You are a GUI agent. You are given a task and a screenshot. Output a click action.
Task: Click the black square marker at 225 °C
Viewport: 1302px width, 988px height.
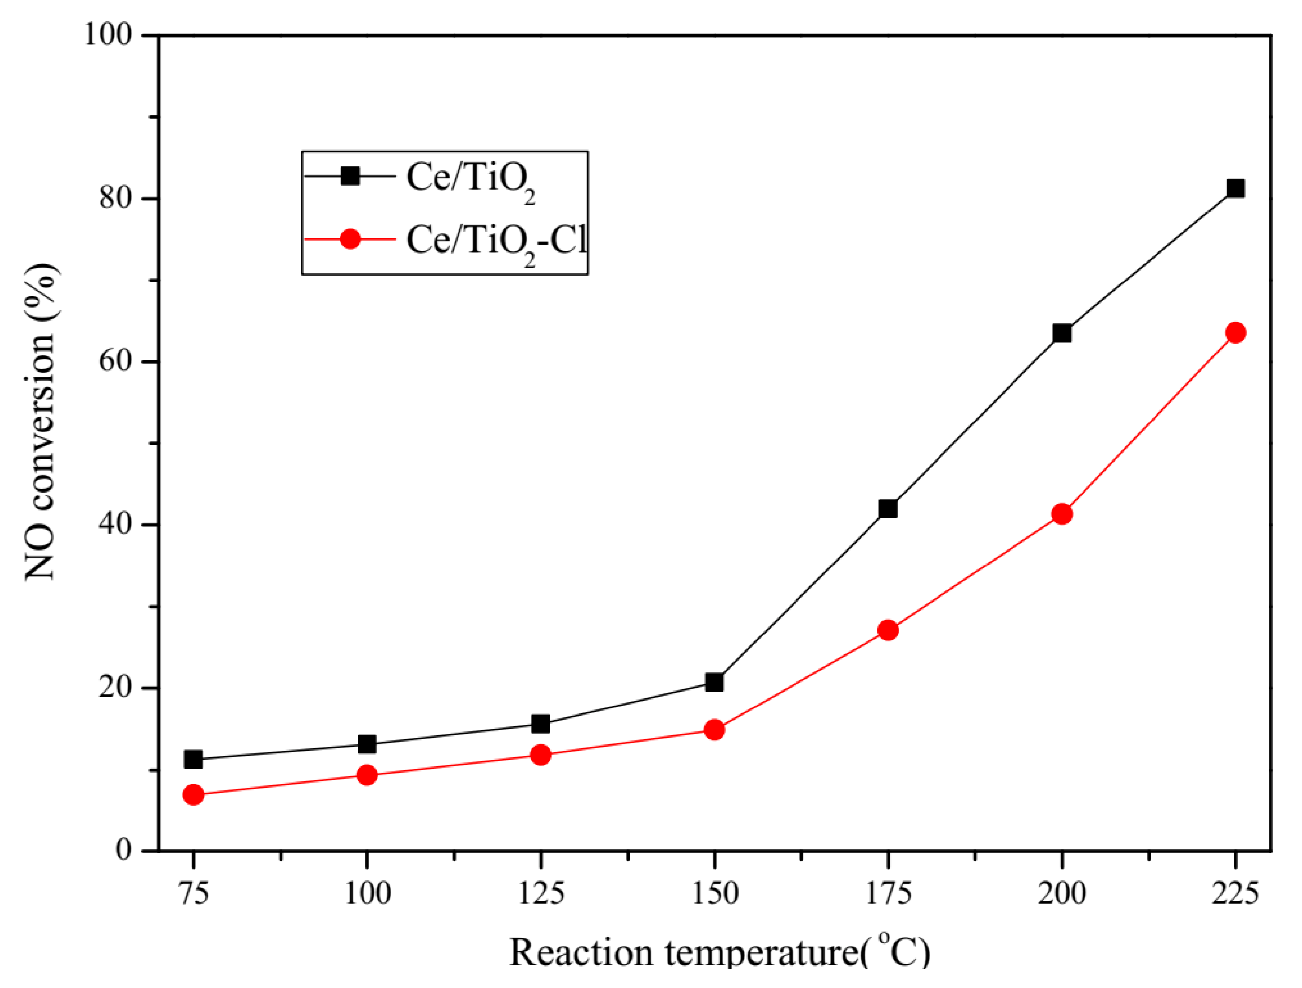click(x=1235, y=188)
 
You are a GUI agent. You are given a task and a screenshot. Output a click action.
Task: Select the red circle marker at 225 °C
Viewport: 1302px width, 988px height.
click(x=1235, y=333)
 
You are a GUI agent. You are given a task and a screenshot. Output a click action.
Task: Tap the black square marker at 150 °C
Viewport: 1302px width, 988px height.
click(x=715, y=682)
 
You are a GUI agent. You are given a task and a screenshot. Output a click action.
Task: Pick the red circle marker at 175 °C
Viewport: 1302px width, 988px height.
click(x=888, y=630)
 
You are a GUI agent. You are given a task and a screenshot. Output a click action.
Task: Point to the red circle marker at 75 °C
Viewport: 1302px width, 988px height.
click(x=193, y=795)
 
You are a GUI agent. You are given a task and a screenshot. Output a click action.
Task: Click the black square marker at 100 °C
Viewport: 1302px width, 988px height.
click(x=366, y=744)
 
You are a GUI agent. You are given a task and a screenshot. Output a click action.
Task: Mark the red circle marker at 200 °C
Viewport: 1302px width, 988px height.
click(x=1062, y=514)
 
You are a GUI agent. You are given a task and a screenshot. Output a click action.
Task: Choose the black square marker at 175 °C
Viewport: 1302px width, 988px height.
click(x=888, y=508)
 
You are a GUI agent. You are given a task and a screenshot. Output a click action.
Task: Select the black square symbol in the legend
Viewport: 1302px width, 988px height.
click(x=350, y=175)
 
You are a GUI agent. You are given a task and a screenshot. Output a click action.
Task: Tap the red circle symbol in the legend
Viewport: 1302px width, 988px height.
click(x=350, y=239)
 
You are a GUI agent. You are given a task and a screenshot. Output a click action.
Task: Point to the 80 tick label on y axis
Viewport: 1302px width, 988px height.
click(x=114, y=198)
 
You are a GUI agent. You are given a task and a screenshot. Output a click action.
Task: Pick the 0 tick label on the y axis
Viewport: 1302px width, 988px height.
click(x=123, y=849)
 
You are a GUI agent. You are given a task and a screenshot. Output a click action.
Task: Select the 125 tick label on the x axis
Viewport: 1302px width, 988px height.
click(x=540, y=893)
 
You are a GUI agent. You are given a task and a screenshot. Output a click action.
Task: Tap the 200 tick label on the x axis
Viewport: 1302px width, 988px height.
click(x=1062, y=893)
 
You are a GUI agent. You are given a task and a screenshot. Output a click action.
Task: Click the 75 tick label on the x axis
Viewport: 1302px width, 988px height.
click(x=193, y=893)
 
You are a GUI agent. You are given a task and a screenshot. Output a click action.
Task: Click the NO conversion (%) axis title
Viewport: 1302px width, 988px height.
click(x=41, y=422)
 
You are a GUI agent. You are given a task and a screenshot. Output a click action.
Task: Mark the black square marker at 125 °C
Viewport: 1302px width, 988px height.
click(x=540, y=724)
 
